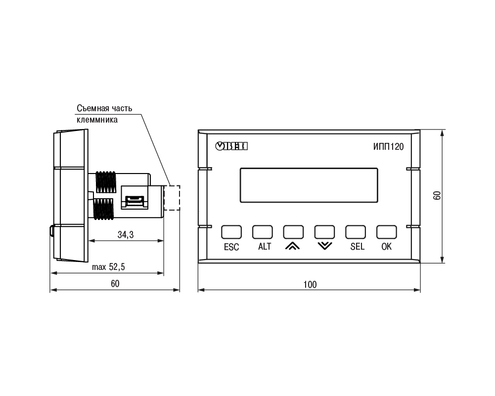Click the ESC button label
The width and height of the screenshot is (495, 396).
point(231,247)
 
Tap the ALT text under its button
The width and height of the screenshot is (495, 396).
point(265,246)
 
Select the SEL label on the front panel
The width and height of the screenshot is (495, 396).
point(358,246)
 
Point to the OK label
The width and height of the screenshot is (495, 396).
point(386,246)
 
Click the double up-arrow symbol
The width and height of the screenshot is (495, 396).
point(293,246)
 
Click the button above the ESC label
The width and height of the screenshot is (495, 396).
point(231,232)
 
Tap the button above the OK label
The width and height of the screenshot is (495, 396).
point(386,232)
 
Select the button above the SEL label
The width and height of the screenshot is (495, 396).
point(356,232)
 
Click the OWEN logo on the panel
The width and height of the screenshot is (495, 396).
point(231,146)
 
